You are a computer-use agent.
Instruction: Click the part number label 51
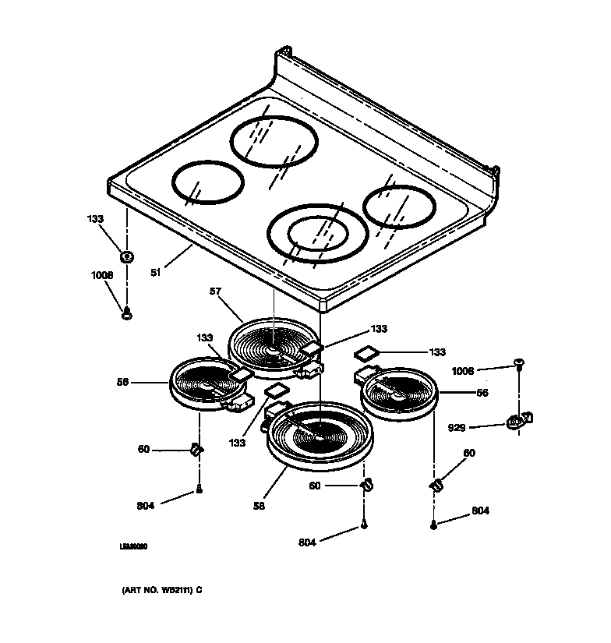pos(155,274)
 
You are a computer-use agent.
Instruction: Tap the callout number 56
pos(482,394)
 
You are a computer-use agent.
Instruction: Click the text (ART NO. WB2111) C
pos(161,590)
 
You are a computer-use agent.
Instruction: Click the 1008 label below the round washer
pos(101,275)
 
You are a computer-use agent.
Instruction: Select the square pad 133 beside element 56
pos(366,353)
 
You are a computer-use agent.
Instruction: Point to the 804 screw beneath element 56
pos(433,525)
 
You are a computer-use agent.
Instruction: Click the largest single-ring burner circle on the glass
pos(274,142)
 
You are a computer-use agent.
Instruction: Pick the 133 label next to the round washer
pos(94,219)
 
